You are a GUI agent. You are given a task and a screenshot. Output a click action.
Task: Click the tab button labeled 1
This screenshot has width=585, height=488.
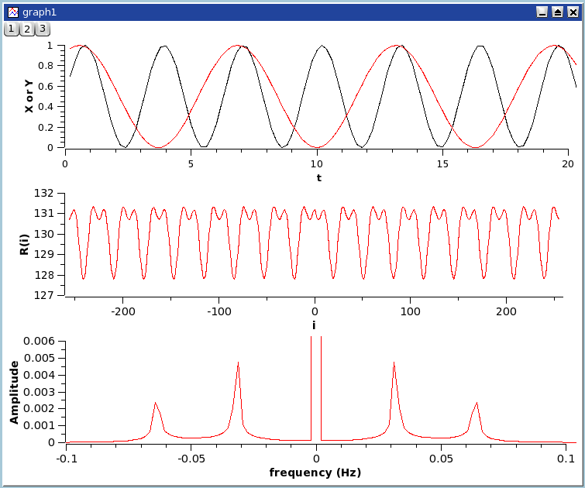(x=12, y=29)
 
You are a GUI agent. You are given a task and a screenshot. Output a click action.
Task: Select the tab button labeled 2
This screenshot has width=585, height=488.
(x=26, y=29)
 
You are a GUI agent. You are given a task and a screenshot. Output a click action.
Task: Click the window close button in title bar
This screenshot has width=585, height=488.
(x=572, y=12)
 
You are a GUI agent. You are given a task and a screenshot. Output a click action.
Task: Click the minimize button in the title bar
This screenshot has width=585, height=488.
(x=542, y=12)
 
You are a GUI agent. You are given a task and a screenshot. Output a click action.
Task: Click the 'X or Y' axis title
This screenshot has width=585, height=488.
(x=29, y=96)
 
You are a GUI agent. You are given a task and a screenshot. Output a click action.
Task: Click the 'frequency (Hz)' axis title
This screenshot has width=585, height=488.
(x=315, y=473)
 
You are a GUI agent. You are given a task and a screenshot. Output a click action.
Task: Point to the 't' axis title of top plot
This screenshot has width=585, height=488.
(x=318, y=177)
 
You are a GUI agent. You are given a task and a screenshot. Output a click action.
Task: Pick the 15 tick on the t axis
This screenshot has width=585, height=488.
(x=442, y=163)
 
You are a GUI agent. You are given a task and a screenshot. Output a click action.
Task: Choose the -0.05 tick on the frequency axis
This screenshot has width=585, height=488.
(x=191, y=459)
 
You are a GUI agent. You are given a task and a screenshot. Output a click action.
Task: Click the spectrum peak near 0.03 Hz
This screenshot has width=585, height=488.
(x=394, y=363)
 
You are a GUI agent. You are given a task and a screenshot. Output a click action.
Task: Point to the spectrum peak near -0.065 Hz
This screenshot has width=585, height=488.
(x=155, y=403)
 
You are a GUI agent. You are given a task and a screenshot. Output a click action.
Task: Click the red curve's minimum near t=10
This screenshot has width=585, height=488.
(x=317, y=147)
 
